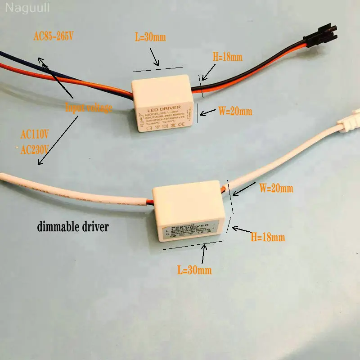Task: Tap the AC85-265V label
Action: [54, 36]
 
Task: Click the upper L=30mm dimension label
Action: [150, 37]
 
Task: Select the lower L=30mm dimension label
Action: [194, 270]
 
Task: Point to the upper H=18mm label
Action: [227, 57]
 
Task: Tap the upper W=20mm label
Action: [235, 111]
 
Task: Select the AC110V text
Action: [35, 134]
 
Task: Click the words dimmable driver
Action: [72, 226]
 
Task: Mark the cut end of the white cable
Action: [4, 176]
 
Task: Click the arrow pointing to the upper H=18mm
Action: [207, 72]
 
